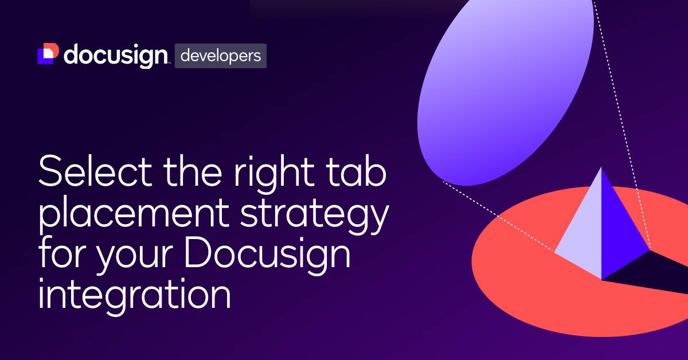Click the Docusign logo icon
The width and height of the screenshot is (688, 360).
point(48,54)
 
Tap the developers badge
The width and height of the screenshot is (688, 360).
point(221,56)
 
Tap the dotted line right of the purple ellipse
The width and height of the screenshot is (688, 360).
point(619,115)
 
